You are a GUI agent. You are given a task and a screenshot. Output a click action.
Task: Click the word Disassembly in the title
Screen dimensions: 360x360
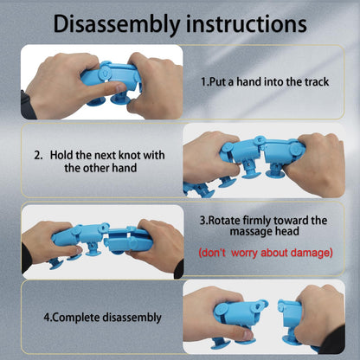point(117,24)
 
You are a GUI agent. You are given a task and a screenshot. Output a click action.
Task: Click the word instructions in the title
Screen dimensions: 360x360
point(246,23)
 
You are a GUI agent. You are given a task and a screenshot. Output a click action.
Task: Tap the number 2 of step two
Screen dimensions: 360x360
point(37,155)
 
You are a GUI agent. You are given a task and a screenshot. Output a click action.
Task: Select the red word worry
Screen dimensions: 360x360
point(244,253)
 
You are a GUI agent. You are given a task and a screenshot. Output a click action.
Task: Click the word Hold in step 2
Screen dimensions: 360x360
point(61,155)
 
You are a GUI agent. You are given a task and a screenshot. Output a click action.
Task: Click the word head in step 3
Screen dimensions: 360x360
point(286,231)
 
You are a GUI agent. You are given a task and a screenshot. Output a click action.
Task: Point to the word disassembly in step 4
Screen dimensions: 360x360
point(132,318)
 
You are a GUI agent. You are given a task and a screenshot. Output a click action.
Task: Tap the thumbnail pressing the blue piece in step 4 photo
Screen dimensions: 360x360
point(247,335)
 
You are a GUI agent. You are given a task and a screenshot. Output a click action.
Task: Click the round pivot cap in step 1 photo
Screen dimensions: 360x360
point(104,74)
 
